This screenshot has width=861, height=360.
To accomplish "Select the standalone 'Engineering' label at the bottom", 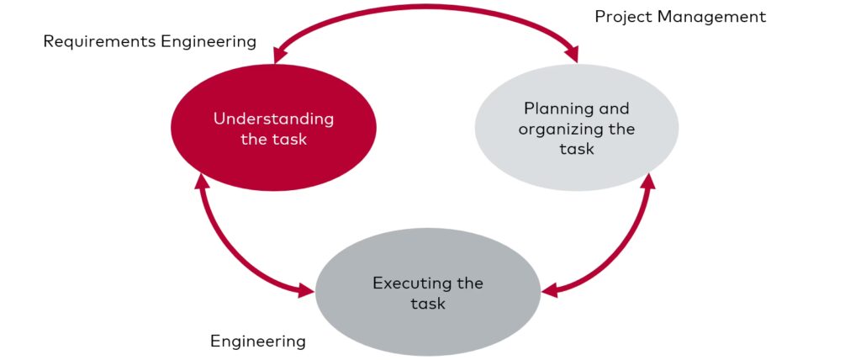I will [x=257, y=341].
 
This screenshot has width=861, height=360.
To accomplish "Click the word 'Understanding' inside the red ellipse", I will [x=273, y=119].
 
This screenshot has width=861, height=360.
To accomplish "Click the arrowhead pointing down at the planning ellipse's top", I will [x=573, y=56].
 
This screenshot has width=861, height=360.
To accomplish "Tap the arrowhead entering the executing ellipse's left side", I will [x=305, y=292].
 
